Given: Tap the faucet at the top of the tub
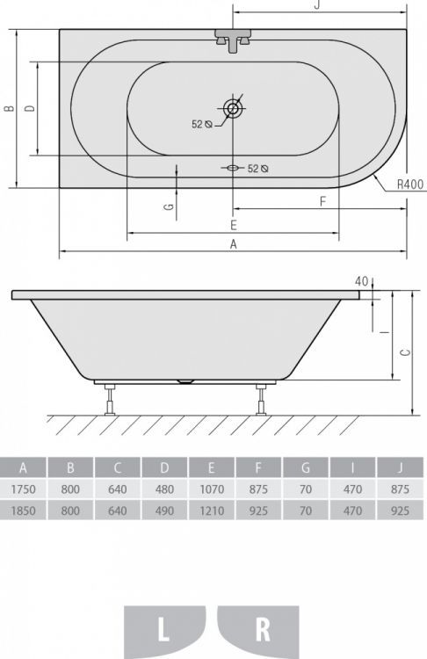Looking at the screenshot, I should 233,40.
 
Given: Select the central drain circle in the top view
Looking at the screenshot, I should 233,109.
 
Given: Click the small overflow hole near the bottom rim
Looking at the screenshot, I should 233,167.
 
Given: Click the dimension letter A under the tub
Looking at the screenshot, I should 234,245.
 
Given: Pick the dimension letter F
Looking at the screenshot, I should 322,201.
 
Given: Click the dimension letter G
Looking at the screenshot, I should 169,208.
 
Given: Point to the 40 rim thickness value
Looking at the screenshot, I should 360,281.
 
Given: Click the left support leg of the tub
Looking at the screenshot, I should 110,399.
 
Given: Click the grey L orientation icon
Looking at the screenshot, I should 164,630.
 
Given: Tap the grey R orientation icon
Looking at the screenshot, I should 261,630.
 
